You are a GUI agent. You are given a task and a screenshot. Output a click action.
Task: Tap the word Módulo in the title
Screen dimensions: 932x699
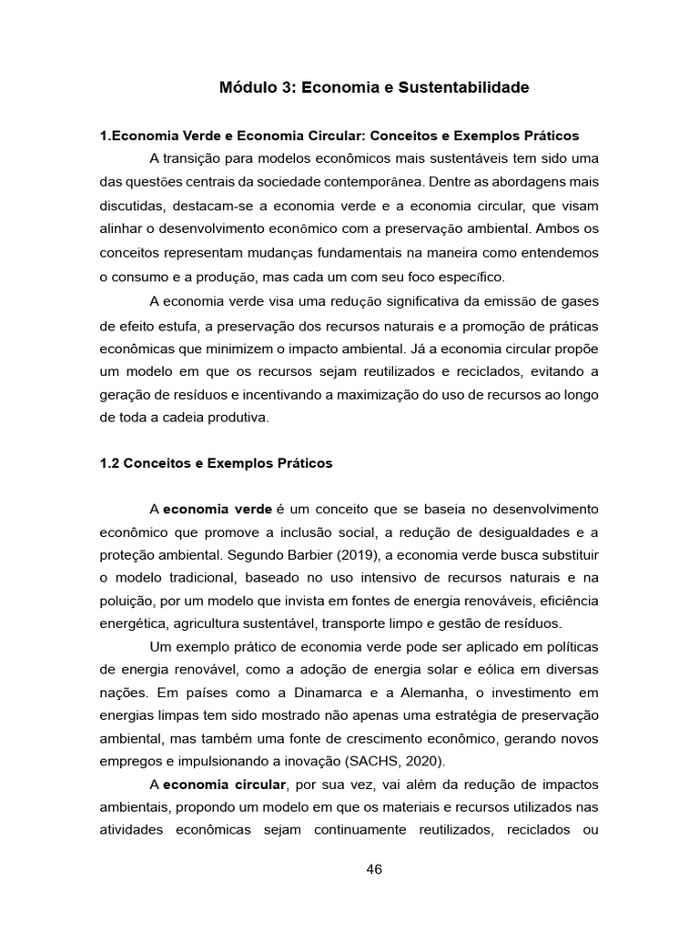pos(248,88)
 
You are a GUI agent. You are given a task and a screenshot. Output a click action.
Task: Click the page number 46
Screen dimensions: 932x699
pos(373,868)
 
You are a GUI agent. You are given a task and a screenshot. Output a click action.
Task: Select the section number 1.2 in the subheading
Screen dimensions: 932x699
pos(109,463)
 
